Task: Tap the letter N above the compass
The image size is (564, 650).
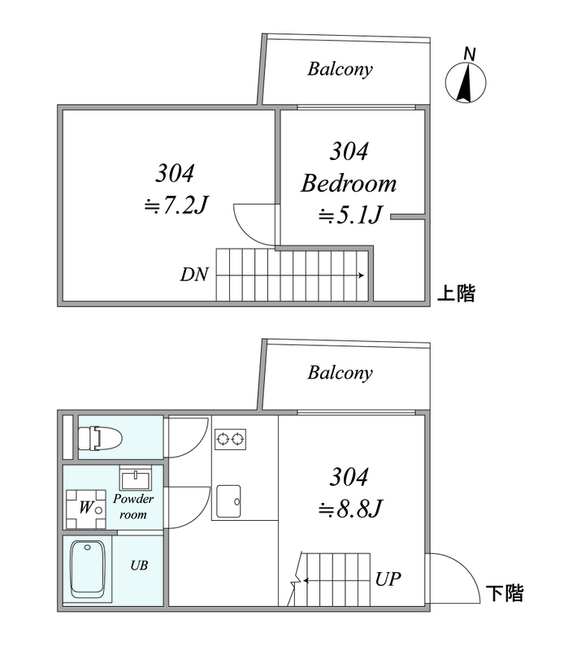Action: click(469, 54)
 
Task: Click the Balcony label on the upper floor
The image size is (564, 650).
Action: click(340, 69)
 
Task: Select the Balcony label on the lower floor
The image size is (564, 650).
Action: click(340, 374)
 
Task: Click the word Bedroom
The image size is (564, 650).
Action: click(349, 184)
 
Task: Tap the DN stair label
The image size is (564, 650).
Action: click(195, 275)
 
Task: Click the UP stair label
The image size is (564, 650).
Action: click(388, 580)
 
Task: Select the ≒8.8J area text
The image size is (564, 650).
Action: click(349, 509)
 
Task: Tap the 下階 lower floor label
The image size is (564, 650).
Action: click(504, 593)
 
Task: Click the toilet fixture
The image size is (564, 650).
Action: click(99, 440)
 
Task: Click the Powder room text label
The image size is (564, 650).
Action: click(132, 507)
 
